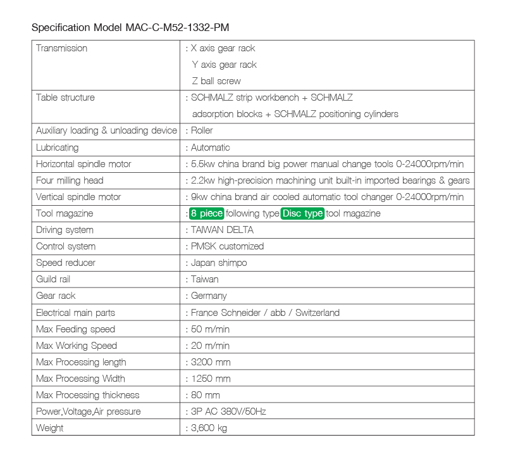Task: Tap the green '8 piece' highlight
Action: point(206,213)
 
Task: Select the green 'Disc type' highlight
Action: point(303,213)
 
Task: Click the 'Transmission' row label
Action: point(62,48)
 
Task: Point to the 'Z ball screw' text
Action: point(216,81)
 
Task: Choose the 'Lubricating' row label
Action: point(58,148)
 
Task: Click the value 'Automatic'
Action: point(211,148)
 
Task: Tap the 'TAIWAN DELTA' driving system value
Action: point(222,230)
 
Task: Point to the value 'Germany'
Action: point(209,296)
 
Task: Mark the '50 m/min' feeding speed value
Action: point(210,329)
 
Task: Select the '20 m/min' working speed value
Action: point(210,346)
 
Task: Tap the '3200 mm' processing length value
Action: point(211,362)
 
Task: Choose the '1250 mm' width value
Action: point(211,379)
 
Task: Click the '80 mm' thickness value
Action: point(206,395)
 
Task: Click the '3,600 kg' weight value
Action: point(209,428)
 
